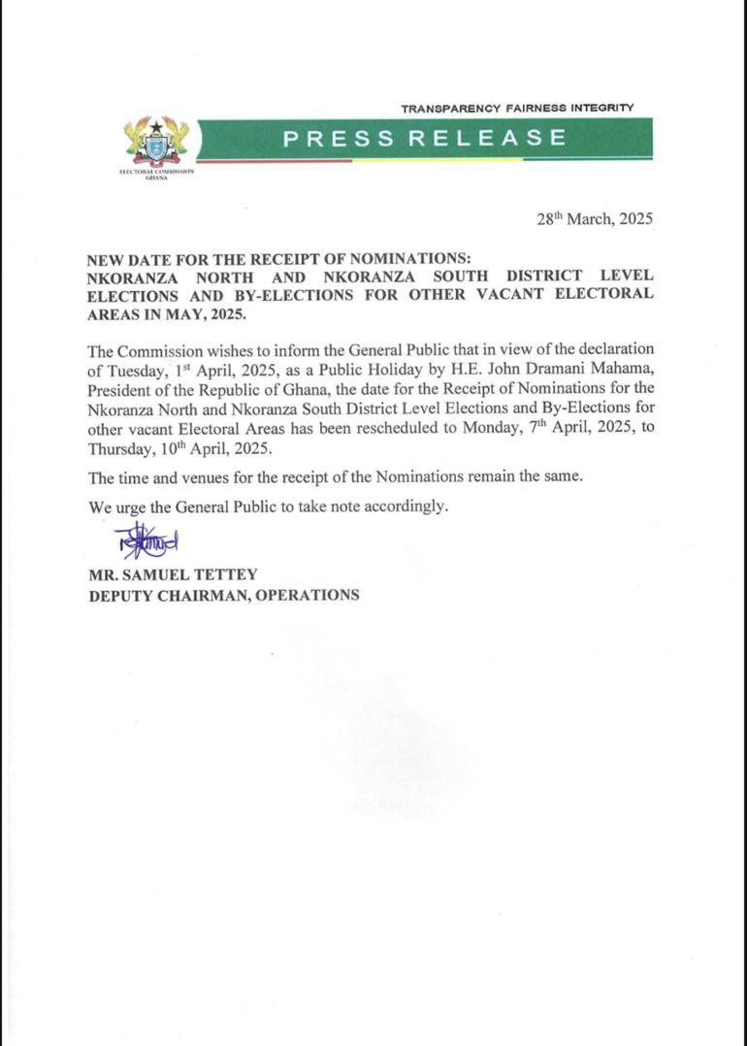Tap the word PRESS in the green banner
pyautogui.click(x=339, y=138)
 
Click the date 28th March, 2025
pyautogui.click(x=595, y=219)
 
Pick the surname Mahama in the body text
pyautogui.click(x=622, y=369)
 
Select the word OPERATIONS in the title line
pyautogui.click(x=306, y=595)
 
